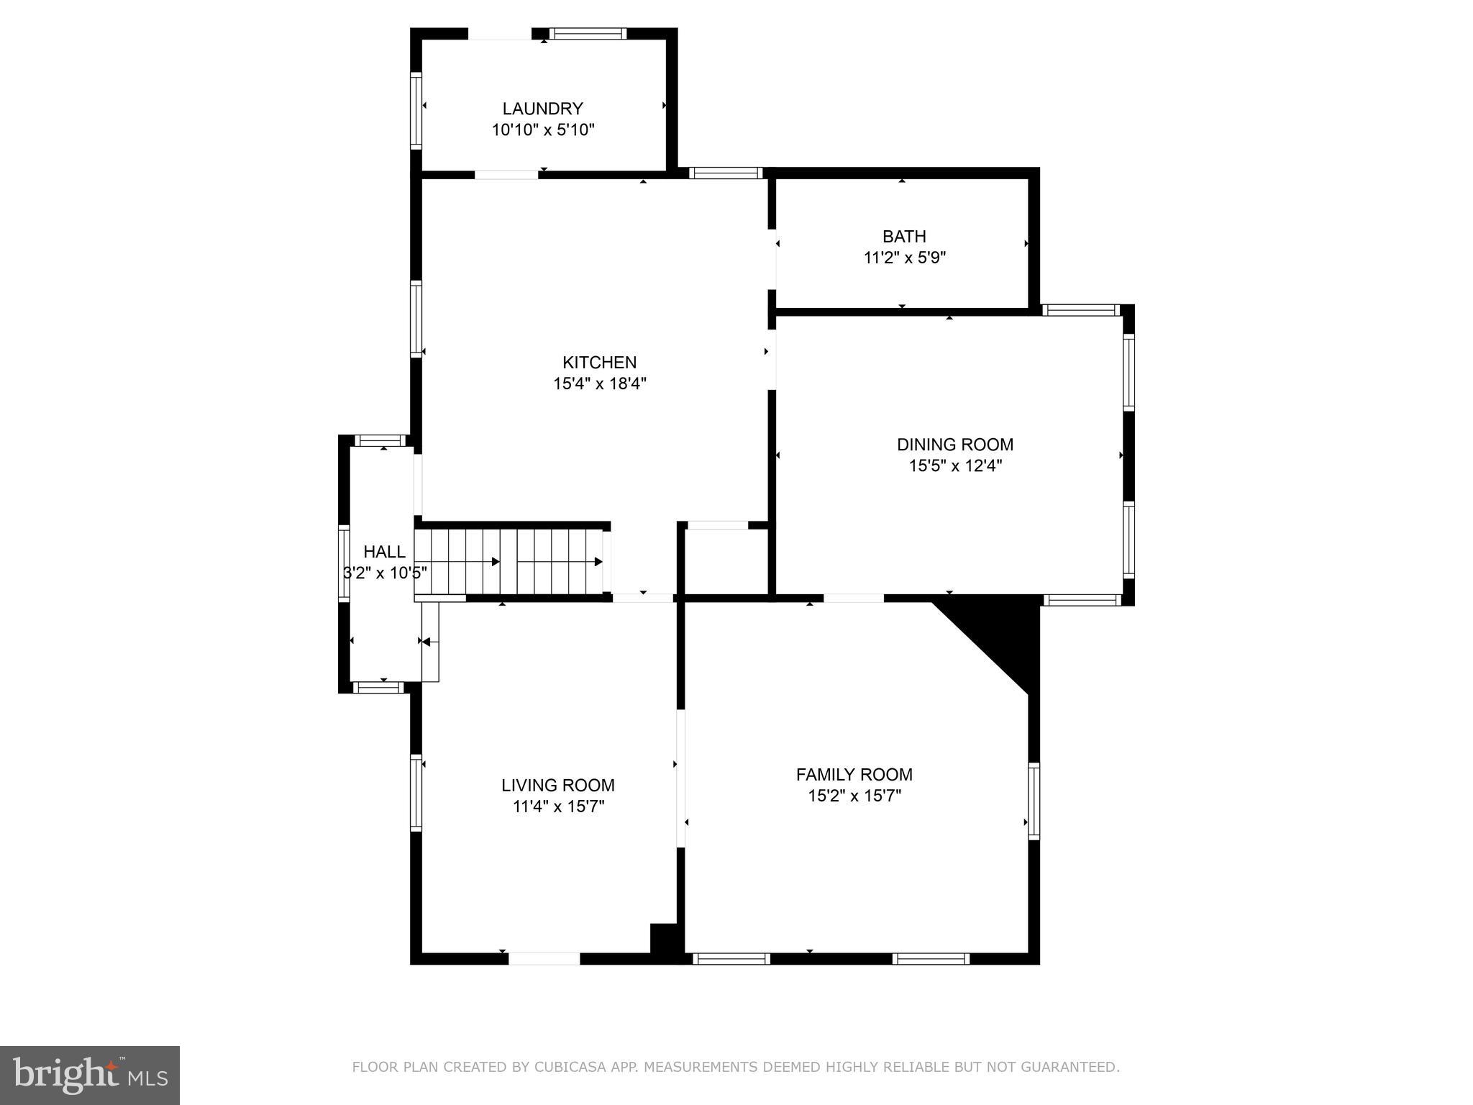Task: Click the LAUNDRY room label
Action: click(542, 109)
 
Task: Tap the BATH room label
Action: click(904, 236)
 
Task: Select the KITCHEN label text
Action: click(599, 362)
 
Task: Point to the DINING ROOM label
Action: click(954, 445)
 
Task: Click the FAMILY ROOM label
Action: click(854, 775)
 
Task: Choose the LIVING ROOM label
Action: click(558, 785)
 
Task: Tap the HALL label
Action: click(384, 552)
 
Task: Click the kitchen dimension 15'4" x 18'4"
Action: click(599, 383)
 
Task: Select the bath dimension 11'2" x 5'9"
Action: click(904, 258)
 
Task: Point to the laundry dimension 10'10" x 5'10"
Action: click(543, 130)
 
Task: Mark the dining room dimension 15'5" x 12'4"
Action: click(955, 466)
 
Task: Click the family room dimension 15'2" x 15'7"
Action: click(854, 796)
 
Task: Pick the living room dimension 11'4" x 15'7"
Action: click(558, 806)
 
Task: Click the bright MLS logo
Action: click(89, 1075)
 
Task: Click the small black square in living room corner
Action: click(665, 940)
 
